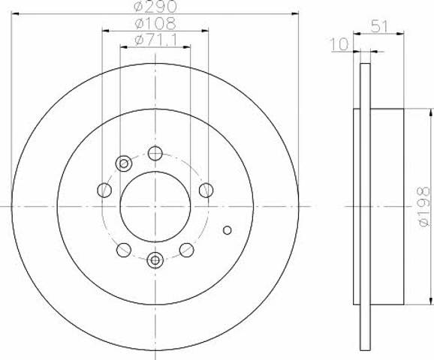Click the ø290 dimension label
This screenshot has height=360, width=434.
[x=155, y=6]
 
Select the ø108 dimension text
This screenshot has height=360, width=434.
[x=155, y=23]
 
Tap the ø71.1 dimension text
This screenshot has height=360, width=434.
[x=156, y=40]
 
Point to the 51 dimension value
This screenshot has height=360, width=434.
[x=379, y=26]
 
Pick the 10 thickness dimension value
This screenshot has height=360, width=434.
[x=340, y=44]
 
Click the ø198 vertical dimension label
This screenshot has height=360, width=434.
[x=424, y=206]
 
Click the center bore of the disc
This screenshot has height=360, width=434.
[x=155, y=206]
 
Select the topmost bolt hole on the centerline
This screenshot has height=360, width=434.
[x=155, y=154]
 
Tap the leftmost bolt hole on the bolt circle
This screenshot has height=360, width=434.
[x=104, y=190]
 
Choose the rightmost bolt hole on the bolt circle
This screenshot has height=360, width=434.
[x=206, y=190]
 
